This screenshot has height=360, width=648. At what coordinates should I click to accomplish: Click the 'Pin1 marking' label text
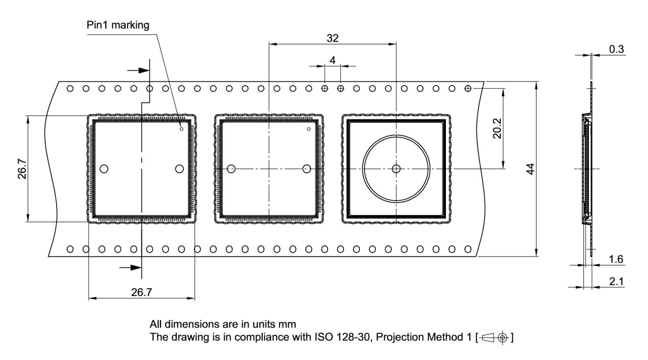coord(118,25)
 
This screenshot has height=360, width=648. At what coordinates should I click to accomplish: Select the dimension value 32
coord(333,38)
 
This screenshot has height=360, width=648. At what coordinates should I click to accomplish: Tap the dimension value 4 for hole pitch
coord(333,60)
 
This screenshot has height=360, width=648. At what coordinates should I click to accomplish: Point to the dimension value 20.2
coord(497,129)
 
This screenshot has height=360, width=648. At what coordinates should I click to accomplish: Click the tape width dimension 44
coord(530,169)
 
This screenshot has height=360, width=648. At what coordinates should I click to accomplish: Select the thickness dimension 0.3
coord(617,49)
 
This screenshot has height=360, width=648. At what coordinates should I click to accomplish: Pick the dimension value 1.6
coord(616,259)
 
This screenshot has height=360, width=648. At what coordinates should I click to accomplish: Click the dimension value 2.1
coord(616,282)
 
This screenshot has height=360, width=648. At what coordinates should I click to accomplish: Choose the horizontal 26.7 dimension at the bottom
coord(141,292)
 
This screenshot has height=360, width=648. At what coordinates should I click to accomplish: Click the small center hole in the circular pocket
coord(396,169)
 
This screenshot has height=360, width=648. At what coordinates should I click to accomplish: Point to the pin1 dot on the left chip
coord(181,129)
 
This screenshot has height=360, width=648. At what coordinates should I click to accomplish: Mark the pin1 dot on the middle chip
coord(308,129)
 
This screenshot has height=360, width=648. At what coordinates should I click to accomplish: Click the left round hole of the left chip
coord(105,169)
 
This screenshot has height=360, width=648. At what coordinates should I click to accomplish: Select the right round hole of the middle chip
coord(306,169)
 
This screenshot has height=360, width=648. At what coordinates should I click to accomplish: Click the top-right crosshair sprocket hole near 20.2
coord(468,89)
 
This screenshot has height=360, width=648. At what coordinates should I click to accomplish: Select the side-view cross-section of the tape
coord(587,169)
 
